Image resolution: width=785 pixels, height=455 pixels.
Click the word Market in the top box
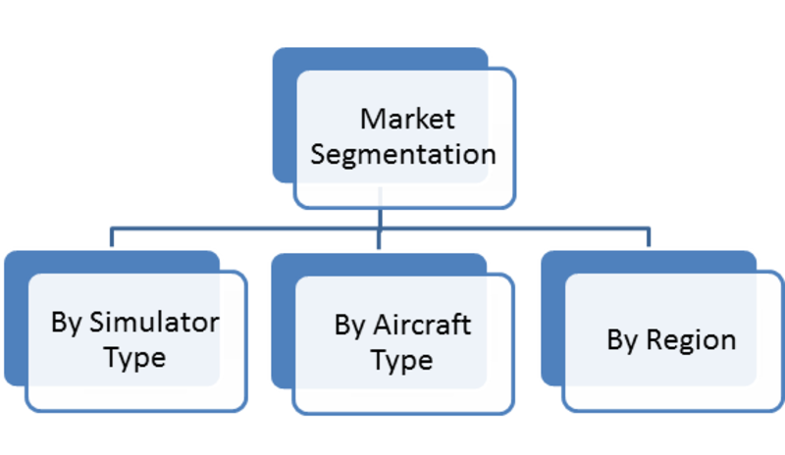click(x=407, y=119)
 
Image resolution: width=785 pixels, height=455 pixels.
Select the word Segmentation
click(x=403, y=155)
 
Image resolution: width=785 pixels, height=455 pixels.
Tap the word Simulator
click(x=154, y=322)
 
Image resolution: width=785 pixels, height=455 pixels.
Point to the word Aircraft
click(x=422, y=325)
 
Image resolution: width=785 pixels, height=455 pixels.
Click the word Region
click(x=691, y=341)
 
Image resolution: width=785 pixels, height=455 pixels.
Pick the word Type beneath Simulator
click(x=135, y=358)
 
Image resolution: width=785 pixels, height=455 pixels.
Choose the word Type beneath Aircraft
click(x=402, y=361)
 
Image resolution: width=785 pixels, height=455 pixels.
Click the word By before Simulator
click(x=66, y=324)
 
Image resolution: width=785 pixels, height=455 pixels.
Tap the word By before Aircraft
click(x=349, y=326)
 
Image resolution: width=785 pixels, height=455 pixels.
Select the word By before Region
click(x=622, y=341)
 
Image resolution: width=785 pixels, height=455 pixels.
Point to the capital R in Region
click(x=654, y=340)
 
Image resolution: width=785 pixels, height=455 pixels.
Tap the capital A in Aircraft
click(x=384, y=325)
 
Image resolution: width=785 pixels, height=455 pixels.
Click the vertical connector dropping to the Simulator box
click(x=112, y=237)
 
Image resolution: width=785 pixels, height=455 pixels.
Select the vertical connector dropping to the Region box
click(x=649, y=237)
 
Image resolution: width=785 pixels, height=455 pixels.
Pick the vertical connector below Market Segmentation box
click(x=380, y=219)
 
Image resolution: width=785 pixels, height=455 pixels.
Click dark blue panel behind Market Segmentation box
click(x=285, y=115)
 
